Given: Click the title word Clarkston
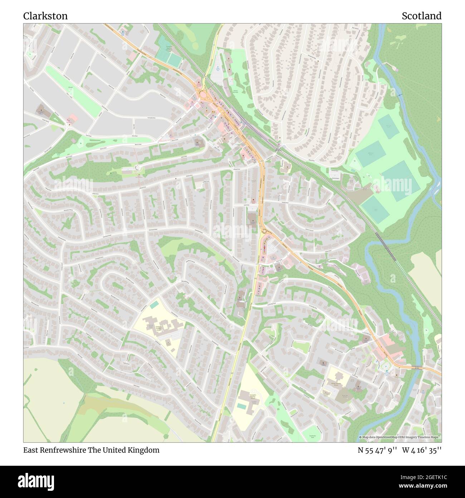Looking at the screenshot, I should click(45, 16).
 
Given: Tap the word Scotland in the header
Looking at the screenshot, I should click(421, 16).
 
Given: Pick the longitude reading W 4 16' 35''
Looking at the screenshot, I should click(422, 450).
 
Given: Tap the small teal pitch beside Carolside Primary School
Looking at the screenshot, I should click(155, 305).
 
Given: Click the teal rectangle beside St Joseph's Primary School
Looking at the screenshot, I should click(242, 406).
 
